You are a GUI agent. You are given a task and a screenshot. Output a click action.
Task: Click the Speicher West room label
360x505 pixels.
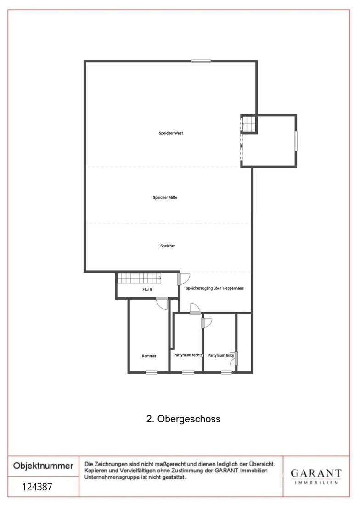171,133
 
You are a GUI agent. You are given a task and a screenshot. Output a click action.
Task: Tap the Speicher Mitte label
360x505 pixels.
165,198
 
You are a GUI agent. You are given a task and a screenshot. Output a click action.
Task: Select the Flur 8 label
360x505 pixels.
147,290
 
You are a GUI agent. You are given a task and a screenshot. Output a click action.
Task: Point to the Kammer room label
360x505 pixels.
149,356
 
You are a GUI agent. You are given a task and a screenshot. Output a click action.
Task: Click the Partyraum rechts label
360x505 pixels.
188,355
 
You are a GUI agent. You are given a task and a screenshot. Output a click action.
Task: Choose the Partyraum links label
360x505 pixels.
220,355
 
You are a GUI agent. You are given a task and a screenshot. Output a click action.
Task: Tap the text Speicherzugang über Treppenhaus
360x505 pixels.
215,288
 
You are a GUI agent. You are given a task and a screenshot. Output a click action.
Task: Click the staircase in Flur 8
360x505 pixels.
140,278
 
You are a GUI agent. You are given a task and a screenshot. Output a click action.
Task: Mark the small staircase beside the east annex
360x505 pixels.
249,123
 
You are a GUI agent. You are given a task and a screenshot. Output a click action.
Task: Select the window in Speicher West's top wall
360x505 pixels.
201,61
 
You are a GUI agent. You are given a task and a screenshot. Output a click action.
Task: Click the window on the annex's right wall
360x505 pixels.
296,140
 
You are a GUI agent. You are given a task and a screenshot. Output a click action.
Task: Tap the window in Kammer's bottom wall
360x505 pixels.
152,373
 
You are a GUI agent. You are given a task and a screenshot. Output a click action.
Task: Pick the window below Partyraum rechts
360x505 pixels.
188,373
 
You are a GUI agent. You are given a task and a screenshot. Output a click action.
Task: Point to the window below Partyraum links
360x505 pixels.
226,373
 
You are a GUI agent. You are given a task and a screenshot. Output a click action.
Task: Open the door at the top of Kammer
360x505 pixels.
162,303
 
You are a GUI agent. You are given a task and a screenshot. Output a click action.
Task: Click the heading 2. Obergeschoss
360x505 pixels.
183,419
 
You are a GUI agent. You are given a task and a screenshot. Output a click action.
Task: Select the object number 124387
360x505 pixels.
37,487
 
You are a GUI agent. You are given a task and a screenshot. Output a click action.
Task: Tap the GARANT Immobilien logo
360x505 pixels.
316,477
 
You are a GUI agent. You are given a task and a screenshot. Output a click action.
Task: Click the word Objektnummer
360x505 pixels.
43,466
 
